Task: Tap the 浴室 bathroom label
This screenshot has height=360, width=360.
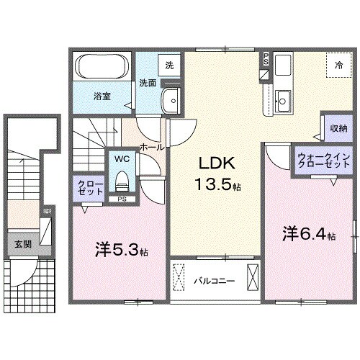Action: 102,96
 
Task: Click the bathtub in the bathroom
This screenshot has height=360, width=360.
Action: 102,68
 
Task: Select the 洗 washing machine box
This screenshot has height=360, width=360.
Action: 169,66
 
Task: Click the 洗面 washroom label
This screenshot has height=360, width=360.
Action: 148,82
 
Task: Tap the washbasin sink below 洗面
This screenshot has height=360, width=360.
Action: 171,101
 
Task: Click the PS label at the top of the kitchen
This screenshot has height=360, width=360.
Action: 266,58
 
